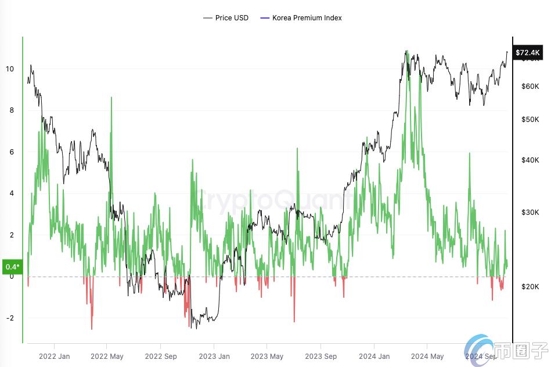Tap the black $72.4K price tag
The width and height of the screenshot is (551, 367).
pyautogui.click(x=528, y=52)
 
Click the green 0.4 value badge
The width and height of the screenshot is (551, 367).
pyautogui.click(x=12, y=267)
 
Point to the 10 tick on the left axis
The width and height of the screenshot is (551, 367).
pyautogui.click(x=9, y=69)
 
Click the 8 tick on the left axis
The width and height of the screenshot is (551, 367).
pyautogui.click(x=11, y=110)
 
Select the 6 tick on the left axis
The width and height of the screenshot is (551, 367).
pyautogui.click(x=11, y=152)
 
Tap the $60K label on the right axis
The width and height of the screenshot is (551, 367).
pyautogui.click(x=530, y=87)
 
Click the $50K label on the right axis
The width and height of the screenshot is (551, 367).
pyautogui.click(x=530, y=120)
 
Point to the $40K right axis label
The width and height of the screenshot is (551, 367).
pyautogui.click(x=530, y=160)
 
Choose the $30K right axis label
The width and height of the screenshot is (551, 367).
pyautogui.click(x=530, y=213)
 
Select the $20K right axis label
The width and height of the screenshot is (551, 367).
pyautogui.click(x=530, y=287)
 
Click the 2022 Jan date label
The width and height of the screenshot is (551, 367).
pyautogui.click(x=54, y=356)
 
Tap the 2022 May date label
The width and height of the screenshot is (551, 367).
pyautogui.click(x=107, y=356)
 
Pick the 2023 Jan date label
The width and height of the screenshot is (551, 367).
pyautogui.click(x=214, y=356)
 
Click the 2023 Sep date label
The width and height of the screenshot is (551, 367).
pyautogui.click(x=321, y=356)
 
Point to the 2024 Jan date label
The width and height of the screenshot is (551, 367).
pyautogui.click(x=374, y=356)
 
